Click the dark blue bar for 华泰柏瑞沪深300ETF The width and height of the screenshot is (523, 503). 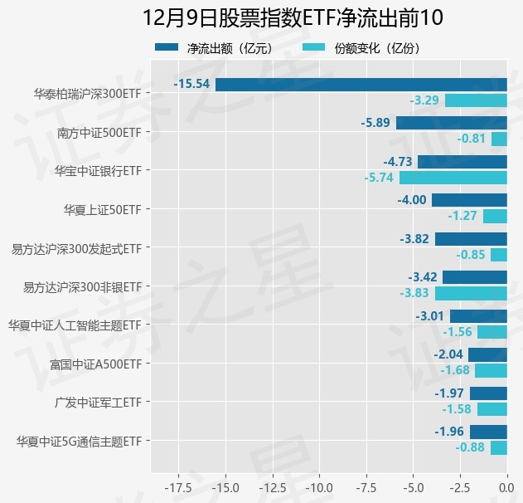coord(361,84)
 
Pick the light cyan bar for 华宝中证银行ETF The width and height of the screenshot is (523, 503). coord(453,178)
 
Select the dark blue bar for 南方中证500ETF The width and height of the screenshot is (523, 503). coord(452,123)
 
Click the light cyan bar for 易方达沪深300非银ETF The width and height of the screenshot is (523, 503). coord(471,293)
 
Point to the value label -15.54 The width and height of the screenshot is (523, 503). coord(191,84)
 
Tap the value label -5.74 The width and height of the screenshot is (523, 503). coord(379,178)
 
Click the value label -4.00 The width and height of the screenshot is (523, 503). coord(412,200)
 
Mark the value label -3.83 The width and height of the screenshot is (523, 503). coord(414,293)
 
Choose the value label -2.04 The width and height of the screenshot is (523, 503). coord(448,354)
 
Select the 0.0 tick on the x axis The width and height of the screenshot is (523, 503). coord(506,486)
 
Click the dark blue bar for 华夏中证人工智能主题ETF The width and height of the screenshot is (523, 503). coord(478,316)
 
